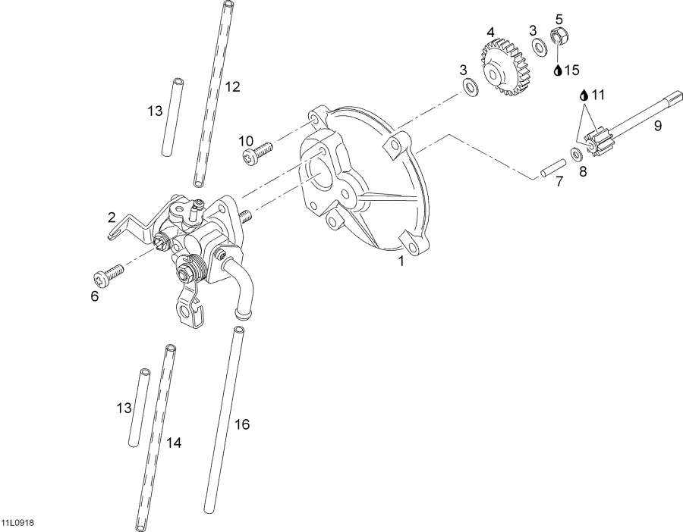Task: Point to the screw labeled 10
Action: point(257,155)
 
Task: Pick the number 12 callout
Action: point(232,86)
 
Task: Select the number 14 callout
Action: point(174,441)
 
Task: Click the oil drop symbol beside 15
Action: point(558,70)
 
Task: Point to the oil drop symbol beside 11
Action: point(583,95)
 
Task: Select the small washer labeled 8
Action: point(576,155)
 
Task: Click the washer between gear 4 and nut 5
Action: point(540,48)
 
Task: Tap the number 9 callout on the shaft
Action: point(658,126)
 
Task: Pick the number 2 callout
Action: point(112,217)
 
